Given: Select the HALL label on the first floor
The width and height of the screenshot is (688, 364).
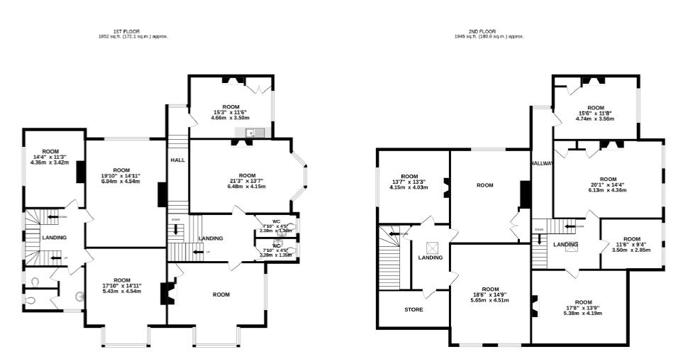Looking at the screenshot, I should pyautogui.click(x=177, y=160).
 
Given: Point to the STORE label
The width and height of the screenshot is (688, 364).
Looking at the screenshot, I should pyautogui.click(x=414, y=310).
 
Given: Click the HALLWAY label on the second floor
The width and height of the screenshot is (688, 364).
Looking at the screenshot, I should pyautogui.click(x=541, y=164).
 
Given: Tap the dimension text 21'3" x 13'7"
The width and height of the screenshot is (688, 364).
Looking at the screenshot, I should pyautogui.click(x=247, y=181).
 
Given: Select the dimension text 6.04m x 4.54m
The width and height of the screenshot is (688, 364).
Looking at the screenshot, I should pyautogui.click(x=121, y=181).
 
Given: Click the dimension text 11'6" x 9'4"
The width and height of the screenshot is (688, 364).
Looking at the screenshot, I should pyautogui.click(x=631, y=245).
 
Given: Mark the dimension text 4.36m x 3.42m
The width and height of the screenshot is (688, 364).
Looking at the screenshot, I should pyautogui.click(x=50, y=162).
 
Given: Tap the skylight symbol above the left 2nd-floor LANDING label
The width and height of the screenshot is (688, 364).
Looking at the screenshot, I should pyautogui.click(x=431, y=248).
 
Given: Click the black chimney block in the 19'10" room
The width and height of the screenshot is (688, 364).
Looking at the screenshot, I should pyautogui.click(x=81, y=171).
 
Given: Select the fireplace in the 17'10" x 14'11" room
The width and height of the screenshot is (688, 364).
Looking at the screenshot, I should pyautogui.click(x=167, y=294).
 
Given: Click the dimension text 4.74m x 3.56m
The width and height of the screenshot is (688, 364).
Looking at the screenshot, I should pyautogui.click(x=594, y=118).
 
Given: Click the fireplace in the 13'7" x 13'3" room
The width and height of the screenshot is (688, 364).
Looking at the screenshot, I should pyautogui.click(x=445, y=187).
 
